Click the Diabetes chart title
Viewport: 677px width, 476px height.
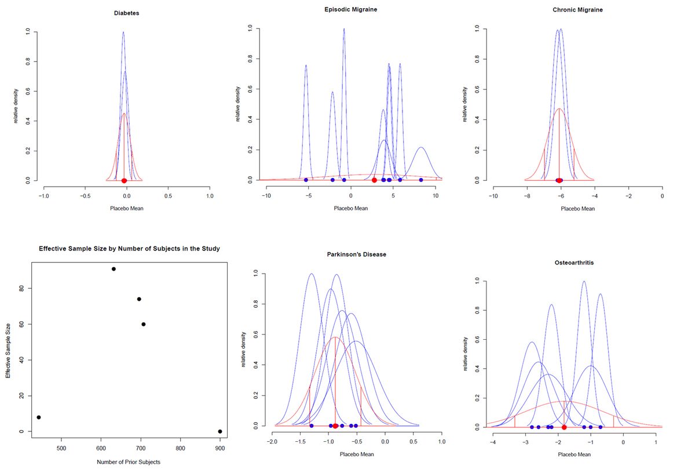click(126, 13)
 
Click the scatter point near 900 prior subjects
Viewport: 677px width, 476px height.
click(220, 431)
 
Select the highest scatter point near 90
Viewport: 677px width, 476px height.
click(114, 269)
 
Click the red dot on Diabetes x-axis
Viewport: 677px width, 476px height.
click(124, 181)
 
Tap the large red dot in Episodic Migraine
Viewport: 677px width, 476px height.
click(374, 180)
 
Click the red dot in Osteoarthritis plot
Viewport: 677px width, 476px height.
click(563, 427)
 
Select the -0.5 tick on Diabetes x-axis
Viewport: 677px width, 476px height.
click(85, 197)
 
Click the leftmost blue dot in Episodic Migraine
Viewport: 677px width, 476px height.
click(306, 180)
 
